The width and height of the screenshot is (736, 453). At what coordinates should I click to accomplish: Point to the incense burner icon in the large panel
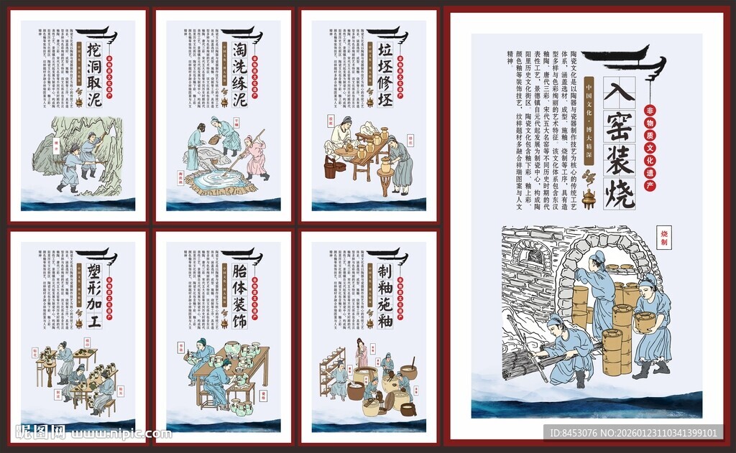click(x=589, y=199)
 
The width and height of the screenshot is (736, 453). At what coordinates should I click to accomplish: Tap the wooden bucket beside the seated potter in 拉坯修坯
click(x=331, y=169)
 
